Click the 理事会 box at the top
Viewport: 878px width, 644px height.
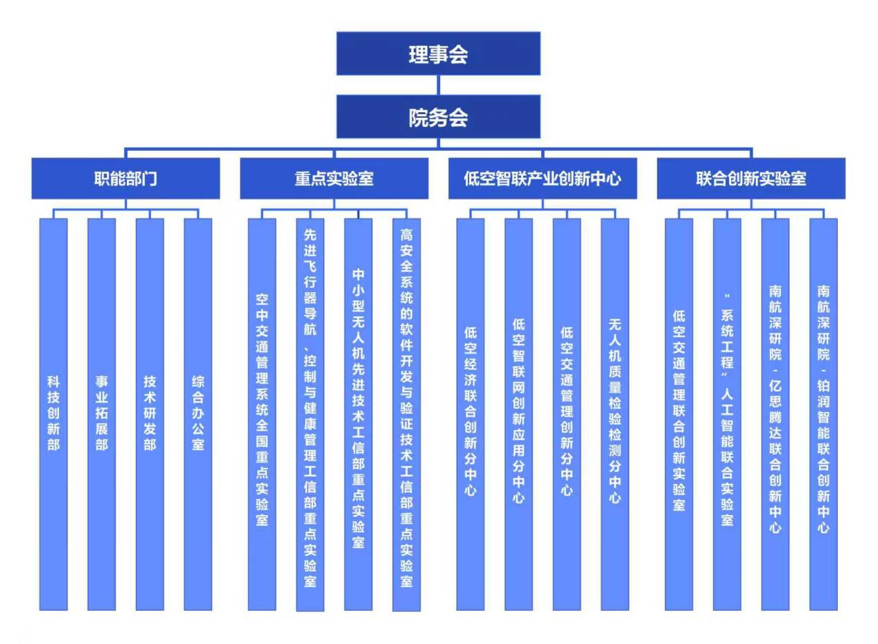pyautogui.click(x=438, y=53)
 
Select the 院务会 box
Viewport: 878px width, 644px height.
pyautogui.click(x=438, y=116)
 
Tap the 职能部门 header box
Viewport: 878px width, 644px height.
pyautogui.click(x=125, y=178)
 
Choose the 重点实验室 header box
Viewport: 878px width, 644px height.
pyautogui.click(x=334, y=178)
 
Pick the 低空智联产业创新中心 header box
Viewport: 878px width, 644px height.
pyautogui.click(x=543, y=178)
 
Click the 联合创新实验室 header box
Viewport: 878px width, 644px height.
pyautogui.click(x=751, y=178)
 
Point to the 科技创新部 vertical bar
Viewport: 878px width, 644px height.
pyautogui.click(x=53, y=414)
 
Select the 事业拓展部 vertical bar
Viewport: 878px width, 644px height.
pyautogui.click(x=101, y=414)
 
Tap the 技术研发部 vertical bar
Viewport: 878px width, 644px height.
pyautogui.click(x=150, y=414)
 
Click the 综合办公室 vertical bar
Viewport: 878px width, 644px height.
pyautogui.click(x=197, y=414)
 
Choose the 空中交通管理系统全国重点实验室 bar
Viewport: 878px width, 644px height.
pyautogui.click(x=262, y=414)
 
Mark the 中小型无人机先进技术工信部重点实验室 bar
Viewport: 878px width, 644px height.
pyautogui.click(x=358, y=414)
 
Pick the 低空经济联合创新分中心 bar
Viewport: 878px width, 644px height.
pyautogui.click(x=471, y=414)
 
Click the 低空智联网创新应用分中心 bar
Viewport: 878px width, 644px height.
pyautogui.click(x=518, y=414)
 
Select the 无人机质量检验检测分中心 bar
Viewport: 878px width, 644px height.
pyautogui.click(x=615, y=414)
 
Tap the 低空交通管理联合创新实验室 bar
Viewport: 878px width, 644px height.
pyautogui.click(x=679, y=414)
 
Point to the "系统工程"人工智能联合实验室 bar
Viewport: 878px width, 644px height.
pyautogui.click(x=727, y=414)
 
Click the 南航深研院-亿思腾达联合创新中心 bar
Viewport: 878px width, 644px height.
pyautogui.click(x=775, y=414)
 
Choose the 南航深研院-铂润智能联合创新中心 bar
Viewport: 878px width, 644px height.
pyautogui.click(x=823, y=414)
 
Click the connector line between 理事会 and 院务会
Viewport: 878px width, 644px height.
pyautogui.click(x=438, y=84)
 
